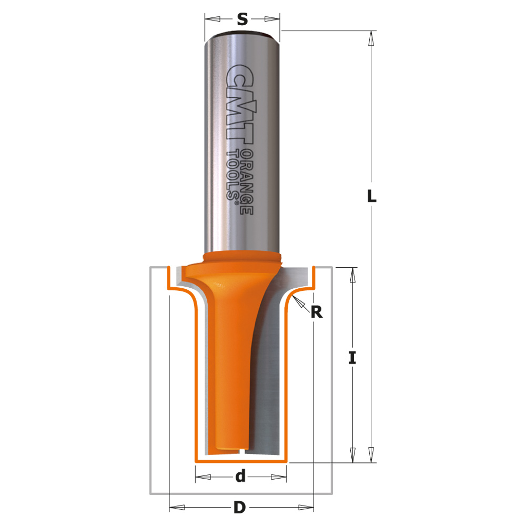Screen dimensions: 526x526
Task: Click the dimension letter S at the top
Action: pyautogui.click(x=242, y=19)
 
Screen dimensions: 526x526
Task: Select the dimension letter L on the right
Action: pyautogui.click(x=371, y=197)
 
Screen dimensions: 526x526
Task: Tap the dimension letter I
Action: pyautogui.click(x=352, y=358)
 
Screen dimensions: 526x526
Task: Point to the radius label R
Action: pyautogui.click(x=316, y=312)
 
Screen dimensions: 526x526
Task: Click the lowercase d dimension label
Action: pyautogui.click(x=240, y=477)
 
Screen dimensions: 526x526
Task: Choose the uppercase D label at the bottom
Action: pyautogui.click(x=240, y=508)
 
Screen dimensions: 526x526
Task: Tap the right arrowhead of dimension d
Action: pyautogui.click(x=279, y=477)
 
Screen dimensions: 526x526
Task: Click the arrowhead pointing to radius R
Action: pyautogui.click(x=298, y=300)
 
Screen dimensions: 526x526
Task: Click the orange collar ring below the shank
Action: pyautogui.click(x=242, y=258)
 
